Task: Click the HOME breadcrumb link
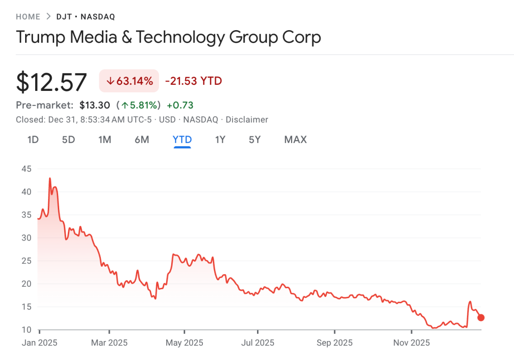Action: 28,17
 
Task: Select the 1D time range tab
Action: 33,140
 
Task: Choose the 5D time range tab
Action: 68,140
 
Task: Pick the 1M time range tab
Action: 104,140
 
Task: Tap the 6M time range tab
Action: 142,140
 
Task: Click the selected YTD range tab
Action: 182,140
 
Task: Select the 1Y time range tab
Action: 220,140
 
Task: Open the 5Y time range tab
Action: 254,140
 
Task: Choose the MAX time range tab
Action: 295,140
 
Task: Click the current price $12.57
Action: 52,82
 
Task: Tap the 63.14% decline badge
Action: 129,81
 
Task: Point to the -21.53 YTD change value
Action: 193,81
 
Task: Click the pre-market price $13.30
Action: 94,105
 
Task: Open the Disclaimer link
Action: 246,119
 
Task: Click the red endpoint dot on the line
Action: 481,317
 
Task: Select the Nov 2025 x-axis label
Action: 412,343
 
